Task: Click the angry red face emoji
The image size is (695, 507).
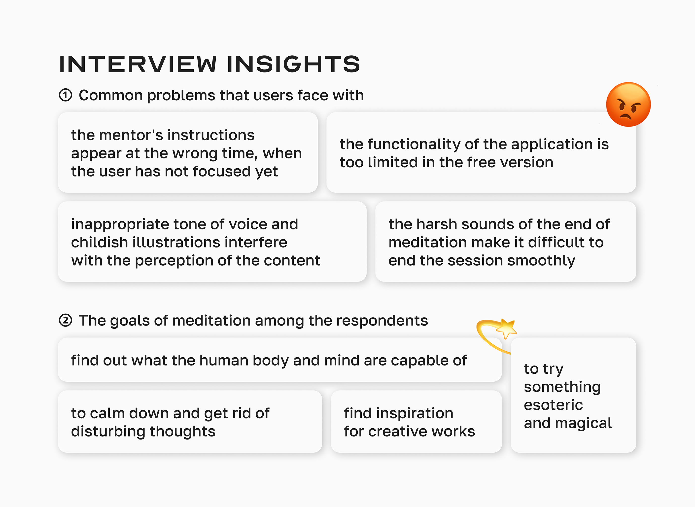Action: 628,104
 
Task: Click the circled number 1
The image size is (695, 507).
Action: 65,95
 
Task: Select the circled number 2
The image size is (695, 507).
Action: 65,320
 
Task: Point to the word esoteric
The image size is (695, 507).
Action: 553,405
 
